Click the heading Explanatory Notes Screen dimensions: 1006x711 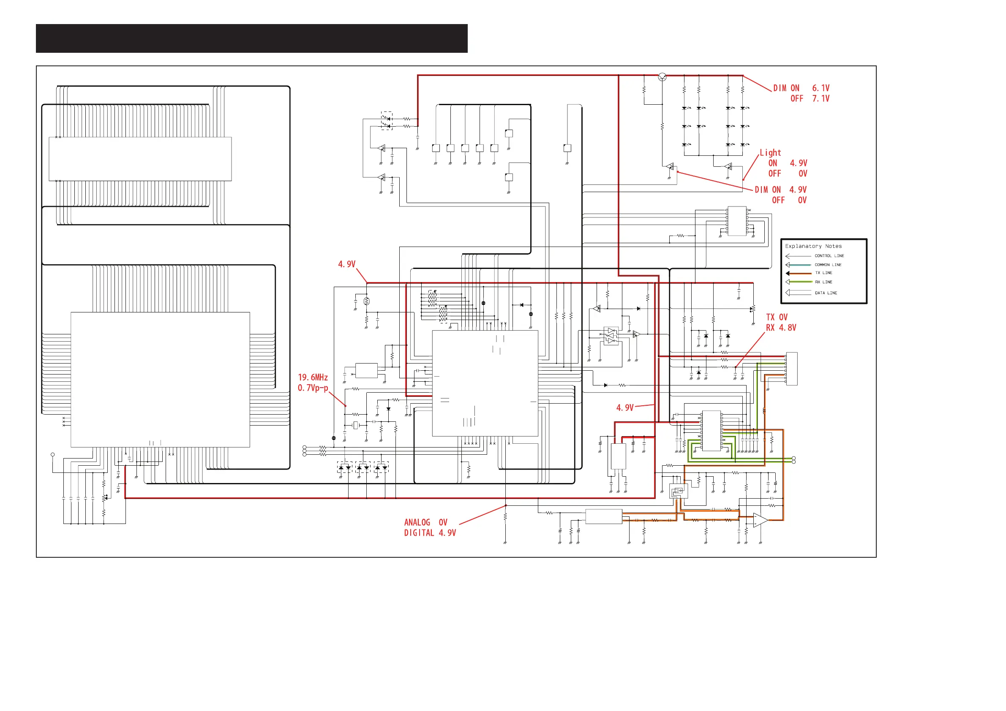(x=813, y=246)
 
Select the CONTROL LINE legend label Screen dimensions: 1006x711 (x=829, y=256)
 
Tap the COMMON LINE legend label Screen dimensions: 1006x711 (x=828, y=265)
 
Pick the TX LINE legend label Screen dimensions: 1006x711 (x=823, y=273)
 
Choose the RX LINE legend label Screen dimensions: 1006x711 (x=823, y=282)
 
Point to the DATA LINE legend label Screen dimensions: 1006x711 (x=826, y=293)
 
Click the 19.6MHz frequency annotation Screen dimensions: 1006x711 (x=313, y=377)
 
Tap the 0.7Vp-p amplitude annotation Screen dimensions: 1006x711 (x=313, y=388)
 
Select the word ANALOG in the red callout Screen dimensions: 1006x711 (x=417, y=522)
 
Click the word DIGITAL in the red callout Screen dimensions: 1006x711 (x=419, y=533)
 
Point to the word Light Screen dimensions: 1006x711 (x=770, y=153)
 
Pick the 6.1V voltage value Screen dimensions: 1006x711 (x=821, y=88)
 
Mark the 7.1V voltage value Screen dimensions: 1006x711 (x=821, y=98)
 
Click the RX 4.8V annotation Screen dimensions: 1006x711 (x=781, y=328)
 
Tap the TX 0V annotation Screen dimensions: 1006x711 (x=777, y=317)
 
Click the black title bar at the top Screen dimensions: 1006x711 (x=251, y=38)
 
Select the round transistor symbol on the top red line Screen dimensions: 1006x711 (x=662, y=77)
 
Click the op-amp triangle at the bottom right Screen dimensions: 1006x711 (x=761, y=520)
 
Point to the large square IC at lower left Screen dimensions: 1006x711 (x=161, y=380)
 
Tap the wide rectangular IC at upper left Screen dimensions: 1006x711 (x=140, y=159)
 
